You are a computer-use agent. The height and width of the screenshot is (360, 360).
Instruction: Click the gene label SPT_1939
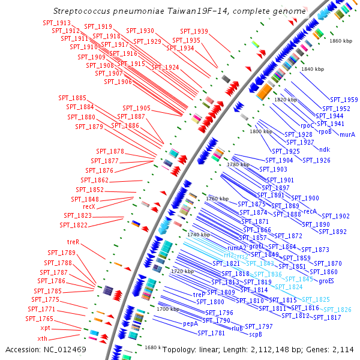(x=193, y=31)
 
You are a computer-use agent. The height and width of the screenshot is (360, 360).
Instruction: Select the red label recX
(x=89, y=207)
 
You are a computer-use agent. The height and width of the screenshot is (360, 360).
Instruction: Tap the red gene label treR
(x=73, y=242)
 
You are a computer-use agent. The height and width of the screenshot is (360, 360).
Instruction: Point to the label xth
(x=43, y=339)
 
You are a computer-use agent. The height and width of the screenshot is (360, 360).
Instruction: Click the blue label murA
(x=347, y=134)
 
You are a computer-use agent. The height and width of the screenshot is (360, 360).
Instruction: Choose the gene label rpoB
(x=325, y=131)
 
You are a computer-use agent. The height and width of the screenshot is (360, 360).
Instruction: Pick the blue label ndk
(x=325, y=149)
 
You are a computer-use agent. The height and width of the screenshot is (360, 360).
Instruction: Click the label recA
(x=310, y=211)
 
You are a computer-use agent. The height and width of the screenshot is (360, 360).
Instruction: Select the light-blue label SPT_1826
(x=337, y=310)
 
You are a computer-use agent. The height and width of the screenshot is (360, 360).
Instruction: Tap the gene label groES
(x=326, y=280)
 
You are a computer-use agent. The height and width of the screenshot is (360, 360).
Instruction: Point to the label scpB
(x=256, y=334)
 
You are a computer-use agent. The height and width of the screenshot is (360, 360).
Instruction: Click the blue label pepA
(x=190, y=323)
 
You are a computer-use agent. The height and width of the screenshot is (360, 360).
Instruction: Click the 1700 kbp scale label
(x=168, y=309)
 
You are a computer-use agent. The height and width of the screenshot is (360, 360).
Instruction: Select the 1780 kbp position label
(x=237, y=164)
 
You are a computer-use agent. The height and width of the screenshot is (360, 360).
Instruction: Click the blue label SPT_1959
(x=344, y=100)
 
